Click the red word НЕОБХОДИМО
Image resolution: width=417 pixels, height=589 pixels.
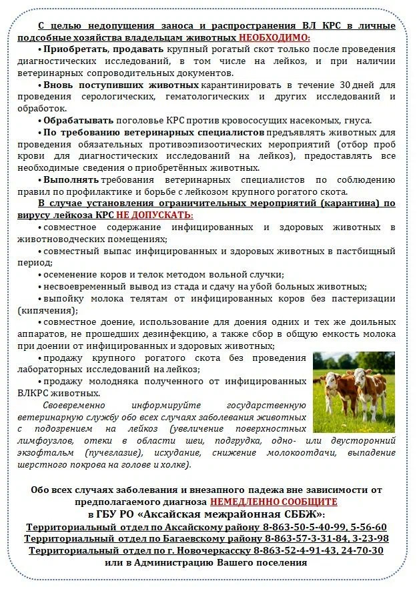(x=274, y=38)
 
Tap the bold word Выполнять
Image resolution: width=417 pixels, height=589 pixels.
(x=71, y=179)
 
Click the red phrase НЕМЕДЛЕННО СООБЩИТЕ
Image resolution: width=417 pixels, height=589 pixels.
(x=274, y=502)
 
